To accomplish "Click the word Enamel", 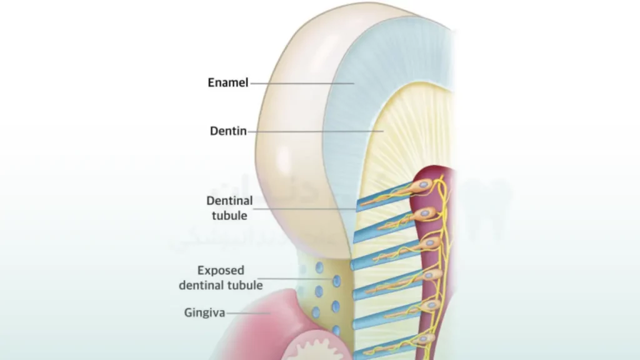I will pyautogui.click(x=228, y=82).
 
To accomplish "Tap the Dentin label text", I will pyautogui.click(x=228, y=132).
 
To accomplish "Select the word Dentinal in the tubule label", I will pyautogui.click(x=229, y=201).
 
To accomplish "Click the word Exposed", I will pyautogui.click(x=221, y=271).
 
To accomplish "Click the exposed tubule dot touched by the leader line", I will pyautogui.click(x=336, y=281).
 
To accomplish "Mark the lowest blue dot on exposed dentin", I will pyautogui.click(x=336, y=329).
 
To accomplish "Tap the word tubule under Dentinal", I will pyautogui.click(x=229, y=216).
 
